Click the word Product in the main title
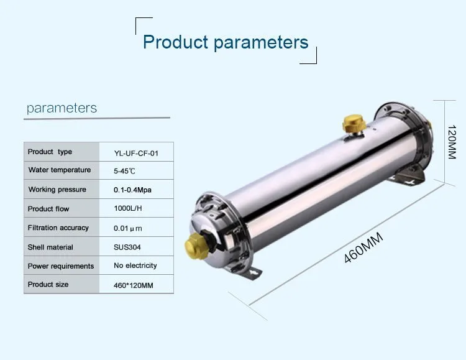click(175, 42)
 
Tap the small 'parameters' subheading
click(62, 108)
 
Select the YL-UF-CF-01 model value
click(136, 154)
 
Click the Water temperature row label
click(60, 170)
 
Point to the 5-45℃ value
click(124, 171)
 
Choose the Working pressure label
click(57, 190)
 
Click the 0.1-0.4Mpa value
click(132, 190)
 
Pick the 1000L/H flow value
click(128, 208)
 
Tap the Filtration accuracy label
click(58, 228)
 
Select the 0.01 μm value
click(128, 228)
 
